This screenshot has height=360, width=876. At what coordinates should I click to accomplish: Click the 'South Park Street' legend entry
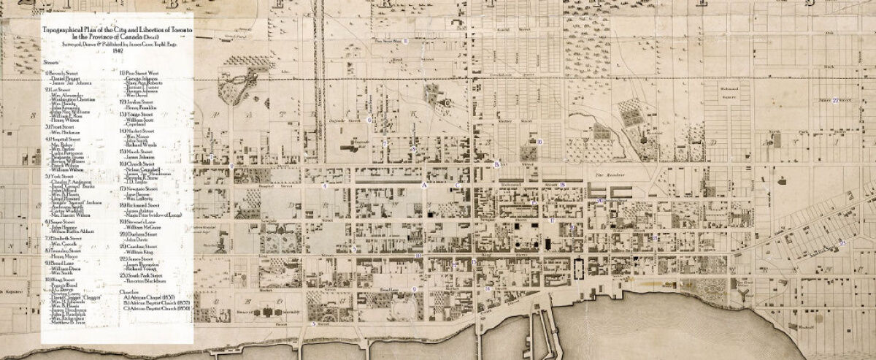click(x=146, y=275)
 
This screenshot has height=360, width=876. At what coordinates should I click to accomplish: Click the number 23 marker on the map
click(x=843, y=242)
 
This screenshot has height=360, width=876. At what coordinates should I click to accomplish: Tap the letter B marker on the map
click(x=496, y=164)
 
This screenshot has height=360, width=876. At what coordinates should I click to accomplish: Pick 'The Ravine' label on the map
click(x=607, y=175)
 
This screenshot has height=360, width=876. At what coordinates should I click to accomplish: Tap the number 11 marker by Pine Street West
click(x=405, y=41)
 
